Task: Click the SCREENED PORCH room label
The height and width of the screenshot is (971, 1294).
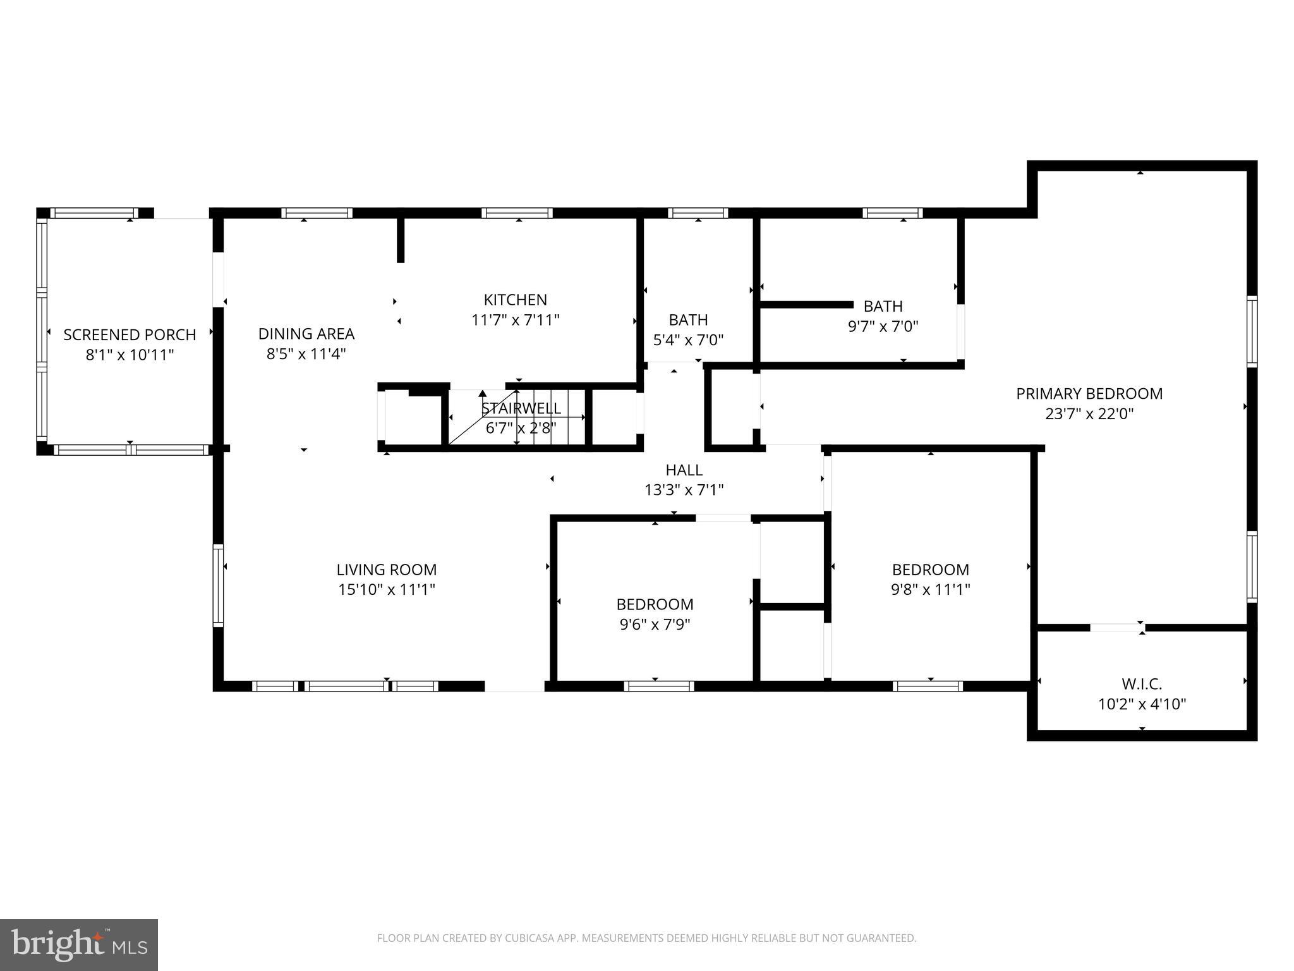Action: pos(130,334)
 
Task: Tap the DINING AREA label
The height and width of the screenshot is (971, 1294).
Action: pos(306,334)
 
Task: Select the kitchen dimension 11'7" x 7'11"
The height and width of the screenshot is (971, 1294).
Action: pos(516,320)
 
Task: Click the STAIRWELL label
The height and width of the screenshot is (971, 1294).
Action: pos(521,408)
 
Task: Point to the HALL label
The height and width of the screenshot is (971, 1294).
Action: pos(684,470)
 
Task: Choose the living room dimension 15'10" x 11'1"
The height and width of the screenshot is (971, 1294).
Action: pos(387,590)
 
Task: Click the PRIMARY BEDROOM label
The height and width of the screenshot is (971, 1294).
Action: pos(1089,394)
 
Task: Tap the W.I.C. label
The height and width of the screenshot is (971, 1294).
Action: pos(1142,684)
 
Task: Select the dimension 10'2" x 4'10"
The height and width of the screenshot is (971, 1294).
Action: pos(1142,704)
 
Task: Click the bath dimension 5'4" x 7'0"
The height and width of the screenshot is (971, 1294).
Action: pos(688,340)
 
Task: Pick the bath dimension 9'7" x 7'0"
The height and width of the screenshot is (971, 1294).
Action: pos(883,326)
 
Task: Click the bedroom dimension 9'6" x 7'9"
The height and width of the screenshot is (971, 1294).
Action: pos(655,625)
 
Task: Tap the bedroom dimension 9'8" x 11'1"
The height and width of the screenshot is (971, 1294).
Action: pos(930,590)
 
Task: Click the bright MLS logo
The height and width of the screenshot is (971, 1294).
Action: pos(78,944)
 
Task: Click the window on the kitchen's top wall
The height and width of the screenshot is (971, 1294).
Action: pos(517,213)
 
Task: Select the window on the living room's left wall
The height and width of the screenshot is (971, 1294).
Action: pos(218,585)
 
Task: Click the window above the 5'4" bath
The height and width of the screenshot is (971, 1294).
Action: pos(698,213)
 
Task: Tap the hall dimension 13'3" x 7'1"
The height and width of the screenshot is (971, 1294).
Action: pos(684,490)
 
